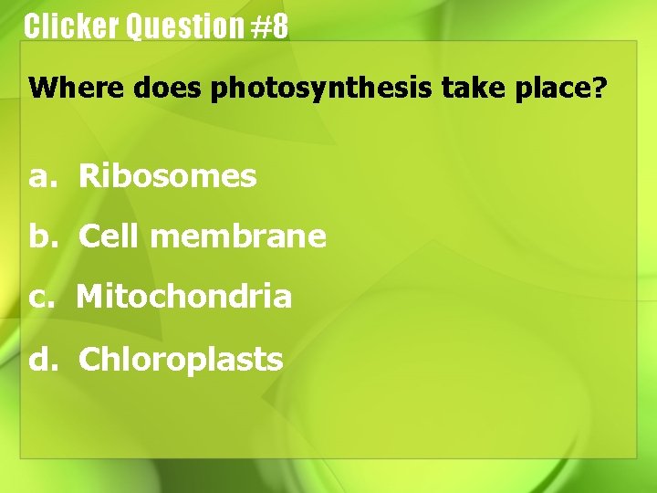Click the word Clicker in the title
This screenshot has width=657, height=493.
(x=71, y=26)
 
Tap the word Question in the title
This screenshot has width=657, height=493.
(x=184, y=26)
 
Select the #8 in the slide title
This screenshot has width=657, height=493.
(x=269, y=26)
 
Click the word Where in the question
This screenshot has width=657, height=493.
(x=78, y=89)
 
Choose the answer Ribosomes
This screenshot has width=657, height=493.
(x=167, y=176)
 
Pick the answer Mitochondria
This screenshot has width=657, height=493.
(x=183, y=297)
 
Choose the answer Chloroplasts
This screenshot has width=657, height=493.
(x=181, y=360)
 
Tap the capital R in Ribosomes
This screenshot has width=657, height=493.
(x=89, y=176)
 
